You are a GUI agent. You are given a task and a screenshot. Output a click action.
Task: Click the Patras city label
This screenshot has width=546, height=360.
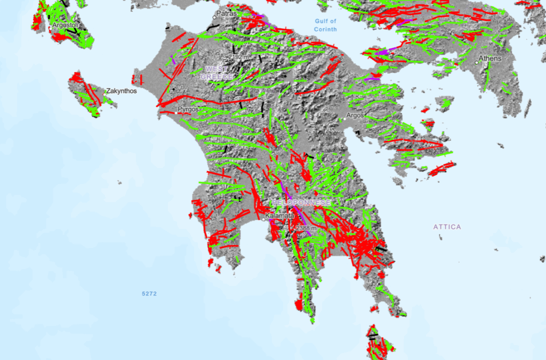click(226, 13)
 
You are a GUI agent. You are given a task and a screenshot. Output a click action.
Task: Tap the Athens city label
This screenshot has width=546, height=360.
click(490, 58)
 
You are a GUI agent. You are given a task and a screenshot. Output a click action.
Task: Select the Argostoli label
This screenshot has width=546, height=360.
click(66, 25)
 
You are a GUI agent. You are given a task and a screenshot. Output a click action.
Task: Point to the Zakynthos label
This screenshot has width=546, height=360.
click(121, 91)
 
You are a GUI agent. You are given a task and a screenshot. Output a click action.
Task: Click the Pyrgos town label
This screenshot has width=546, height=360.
click(188, 109)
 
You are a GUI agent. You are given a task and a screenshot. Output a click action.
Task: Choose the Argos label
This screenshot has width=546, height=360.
click(355, 115)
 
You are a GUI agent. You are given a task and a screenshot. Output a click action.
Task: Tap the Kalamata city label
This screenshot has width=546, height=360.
click(279, 216)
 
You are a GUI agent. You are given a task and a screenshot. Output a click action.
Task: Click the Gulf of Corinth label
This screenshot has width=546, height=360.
click(325, 25)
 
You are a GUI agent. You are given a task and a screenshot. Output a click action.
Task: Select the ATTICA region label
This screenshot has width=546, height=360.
click(447, 227)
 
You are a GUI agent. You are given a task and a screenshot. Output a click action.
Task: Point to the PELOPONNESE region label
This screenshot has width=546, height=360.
click(301, 203)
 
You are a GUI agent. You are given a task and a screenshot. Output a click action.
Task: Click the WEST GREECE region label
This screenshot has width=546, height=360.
click(217, 73)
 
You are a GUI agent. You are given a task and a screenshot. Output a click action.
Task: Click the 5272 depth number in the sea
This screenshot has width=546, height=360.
click(149, 294)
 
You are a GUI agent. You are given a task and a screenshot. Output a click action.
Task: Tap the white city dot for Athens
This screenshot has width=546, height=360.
click(477, 62)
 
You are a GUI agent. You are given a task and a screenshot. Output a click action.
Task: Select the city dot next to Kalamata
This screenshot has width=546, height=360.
click(263, 219)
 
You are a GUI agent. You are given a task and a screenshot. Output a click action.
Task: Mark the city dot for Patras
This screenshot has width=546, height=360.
click(215, 17)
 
